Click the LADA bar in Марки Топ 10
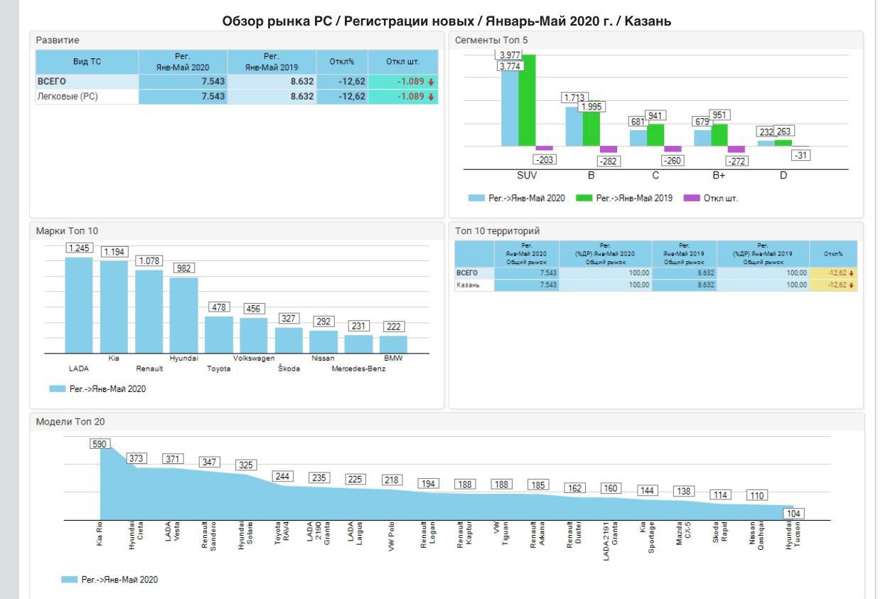pos(79,306)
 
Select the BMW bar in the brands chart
pos(393,345)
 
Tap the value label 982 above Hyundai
pos(184,268)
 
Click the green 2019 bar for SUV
pos(527,100)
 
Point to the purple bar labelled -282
pos(608,149)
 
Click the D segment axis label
pos(783,176)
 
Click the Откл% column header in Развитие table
pos(341,62)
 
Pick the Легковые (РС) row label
pos(68,97)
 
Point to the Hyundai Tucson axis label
pos(792,534)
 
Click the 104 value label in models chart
pos(793,514)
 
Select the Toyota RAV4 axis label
pos(282,534)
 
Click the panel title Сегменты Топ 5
pos(491,41)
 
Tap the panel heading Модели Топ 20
pos(70,422)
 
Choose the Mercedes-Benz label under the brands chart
pos(358,369)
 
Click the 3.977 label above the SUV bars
pos(509,55)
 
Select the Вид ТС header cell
pos(87,62)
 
